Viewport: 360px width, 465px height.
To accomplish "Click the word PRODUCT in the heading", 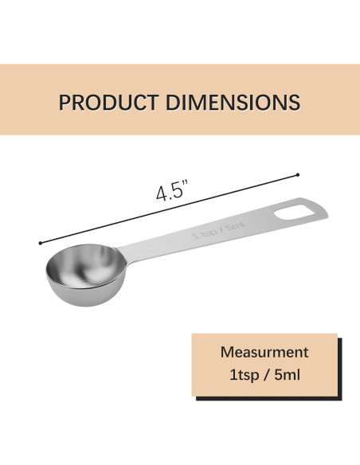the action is [108, 102].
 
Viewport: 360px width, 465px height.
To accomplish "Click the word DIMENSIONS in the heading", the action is [233, 102].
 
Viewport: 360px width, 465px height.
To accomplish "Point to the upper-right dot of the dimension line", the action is [298, 174].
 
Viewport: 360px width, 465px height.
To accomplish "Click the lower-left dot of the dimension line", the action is [41, 243].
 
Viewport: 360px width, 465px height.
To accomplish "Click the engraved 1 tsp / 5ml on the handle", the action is [218, 230].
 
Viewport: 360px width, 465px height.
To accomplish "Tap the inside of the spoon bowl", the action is [86, 265].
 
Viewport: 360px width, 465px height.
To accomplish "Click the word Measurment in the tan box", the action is [264, 352].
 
